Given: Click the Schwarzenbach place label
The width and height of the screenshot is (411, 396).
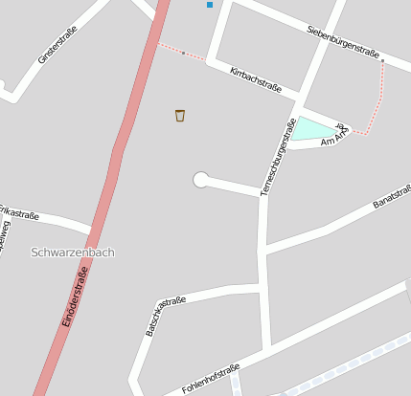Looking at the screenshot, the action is click(x=73, y=253).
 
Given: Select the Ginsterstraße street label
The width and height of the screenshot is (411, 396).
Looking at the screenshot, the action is click(x=57, y=46).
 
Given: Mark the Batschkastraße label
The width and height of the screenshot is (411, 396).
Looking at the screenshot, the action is click(x=165, y=315).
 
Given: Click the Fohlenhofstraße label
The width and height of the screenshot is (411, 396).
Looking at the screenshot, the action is click(x=209, y=380).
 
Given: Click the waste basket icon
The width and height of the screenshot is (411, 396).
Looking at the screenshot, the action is click(x=180, y=116).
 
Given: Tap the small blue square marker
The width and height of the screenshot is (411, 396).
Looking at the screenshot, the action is click(x=210, y=5).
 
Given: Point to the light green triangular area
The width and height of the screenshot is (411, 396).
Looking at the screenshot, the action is click(x=311, y=129).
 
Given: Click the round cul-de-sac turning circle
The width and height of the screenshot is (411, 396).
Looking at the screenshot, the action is click(x=201, y=180).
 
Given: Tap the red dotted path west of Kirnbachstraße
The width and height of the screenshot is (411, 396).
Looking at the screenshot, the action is click(x=182, y=52).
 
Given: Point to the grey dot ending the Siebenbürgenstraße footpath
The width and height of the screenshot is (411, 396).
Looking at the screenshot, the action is click(x=382, y=61).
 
